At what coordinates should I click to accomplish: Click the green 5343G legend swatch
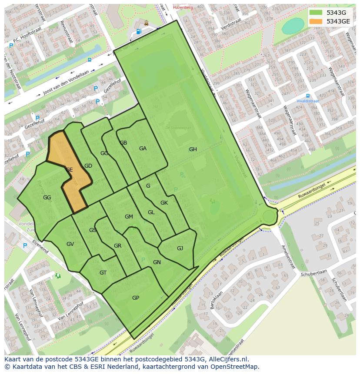[316, 13]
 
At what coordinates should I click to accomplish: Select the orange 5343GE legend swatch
[316, 21]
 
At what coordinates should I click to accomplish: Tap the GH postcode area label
[193, 149]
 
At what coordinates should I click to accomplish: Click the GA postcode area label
[143, 149]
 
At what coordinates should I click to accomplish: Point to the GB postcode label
[123, 143]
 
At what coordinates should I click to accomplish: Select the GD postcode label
[88, 166]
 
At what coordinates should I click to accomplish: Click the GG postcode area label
[47, 198]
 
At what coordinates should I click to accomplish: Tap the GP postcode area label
[136, 298]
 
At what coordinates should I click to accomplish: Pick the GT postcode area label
[103, 273]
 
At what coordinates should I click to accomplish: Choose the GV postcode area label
[70, 244]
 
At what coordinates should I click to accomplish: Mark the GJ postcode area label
[180, 248]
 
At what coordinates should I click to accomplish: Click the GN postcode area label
[157, 262]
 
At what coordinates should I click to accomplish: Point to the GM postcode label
[129, 217]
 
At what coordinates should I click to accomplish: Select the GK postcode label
[164, 203]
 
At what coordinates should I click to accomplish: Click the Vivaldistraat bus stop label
[308, 101]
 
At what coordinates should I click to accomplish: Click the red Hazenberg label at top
[183, 7]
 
